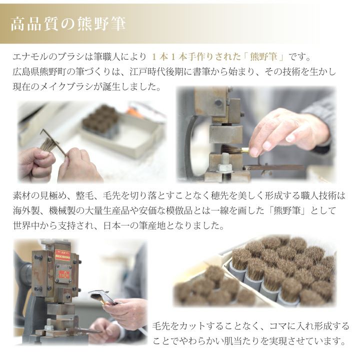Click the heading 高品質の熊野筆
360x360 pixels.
pyautogui.click(x=68, y=24)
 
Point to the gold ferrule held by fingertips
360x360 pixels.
pyautogui.click(x=244, y=150)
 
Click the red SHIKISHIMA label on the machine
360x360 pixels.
pyautogui.click(x=62, y=255)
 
